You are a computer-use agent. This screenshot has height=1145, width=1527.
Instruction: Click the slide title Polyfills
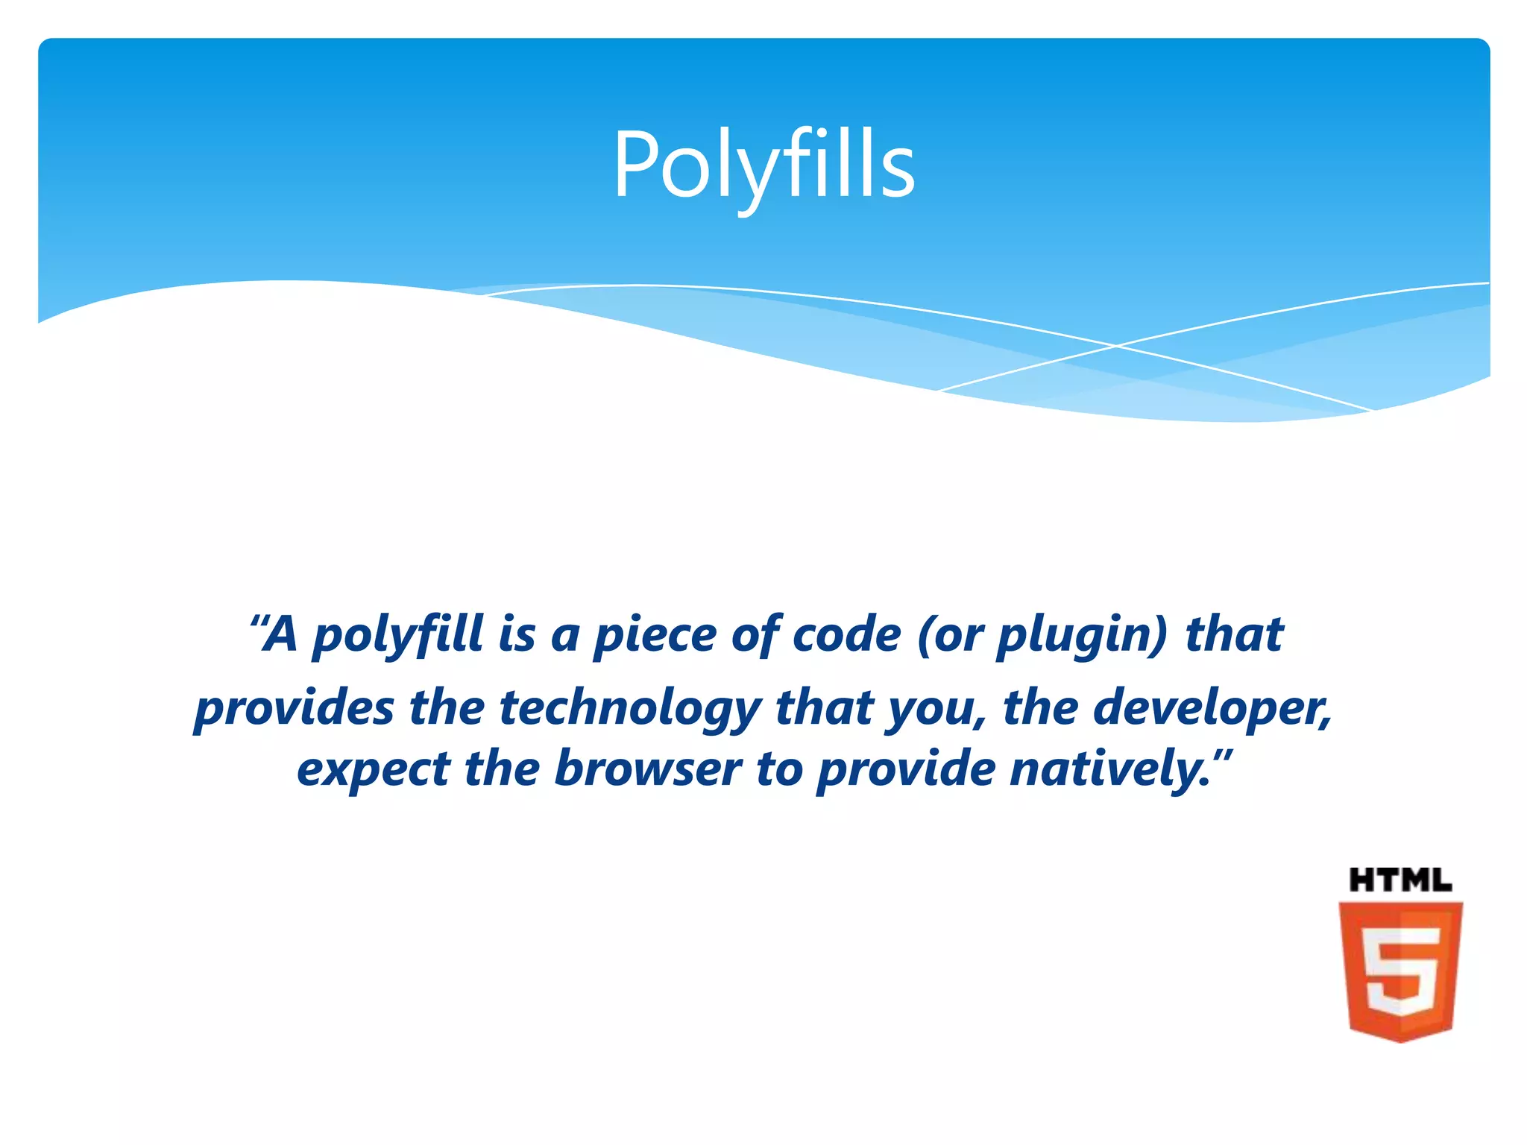pyautogui.click(x=763, y=165)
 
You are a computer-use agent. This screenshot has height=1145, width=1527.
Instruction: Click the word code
pyautogui.click(x=846, y=634)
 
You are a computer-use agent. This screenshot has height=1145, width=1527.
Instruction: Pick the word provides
pyautogui.click(x=294, y=708)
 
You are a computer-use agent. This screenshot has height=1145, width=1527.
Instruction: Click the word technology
pyautogui.click(x=630, y=708)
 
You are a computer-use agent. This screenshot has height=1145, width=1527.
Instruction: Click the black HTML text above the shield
pyautogui.click(x=1400, y=880)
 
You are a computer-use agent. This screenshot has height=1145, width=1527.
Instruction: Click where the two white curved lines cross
pyautogui.click(x=1116, y=346)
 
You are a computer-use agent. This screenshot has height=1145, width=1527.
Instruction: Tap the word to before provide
pyautogui.click(x=779, y=769)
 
